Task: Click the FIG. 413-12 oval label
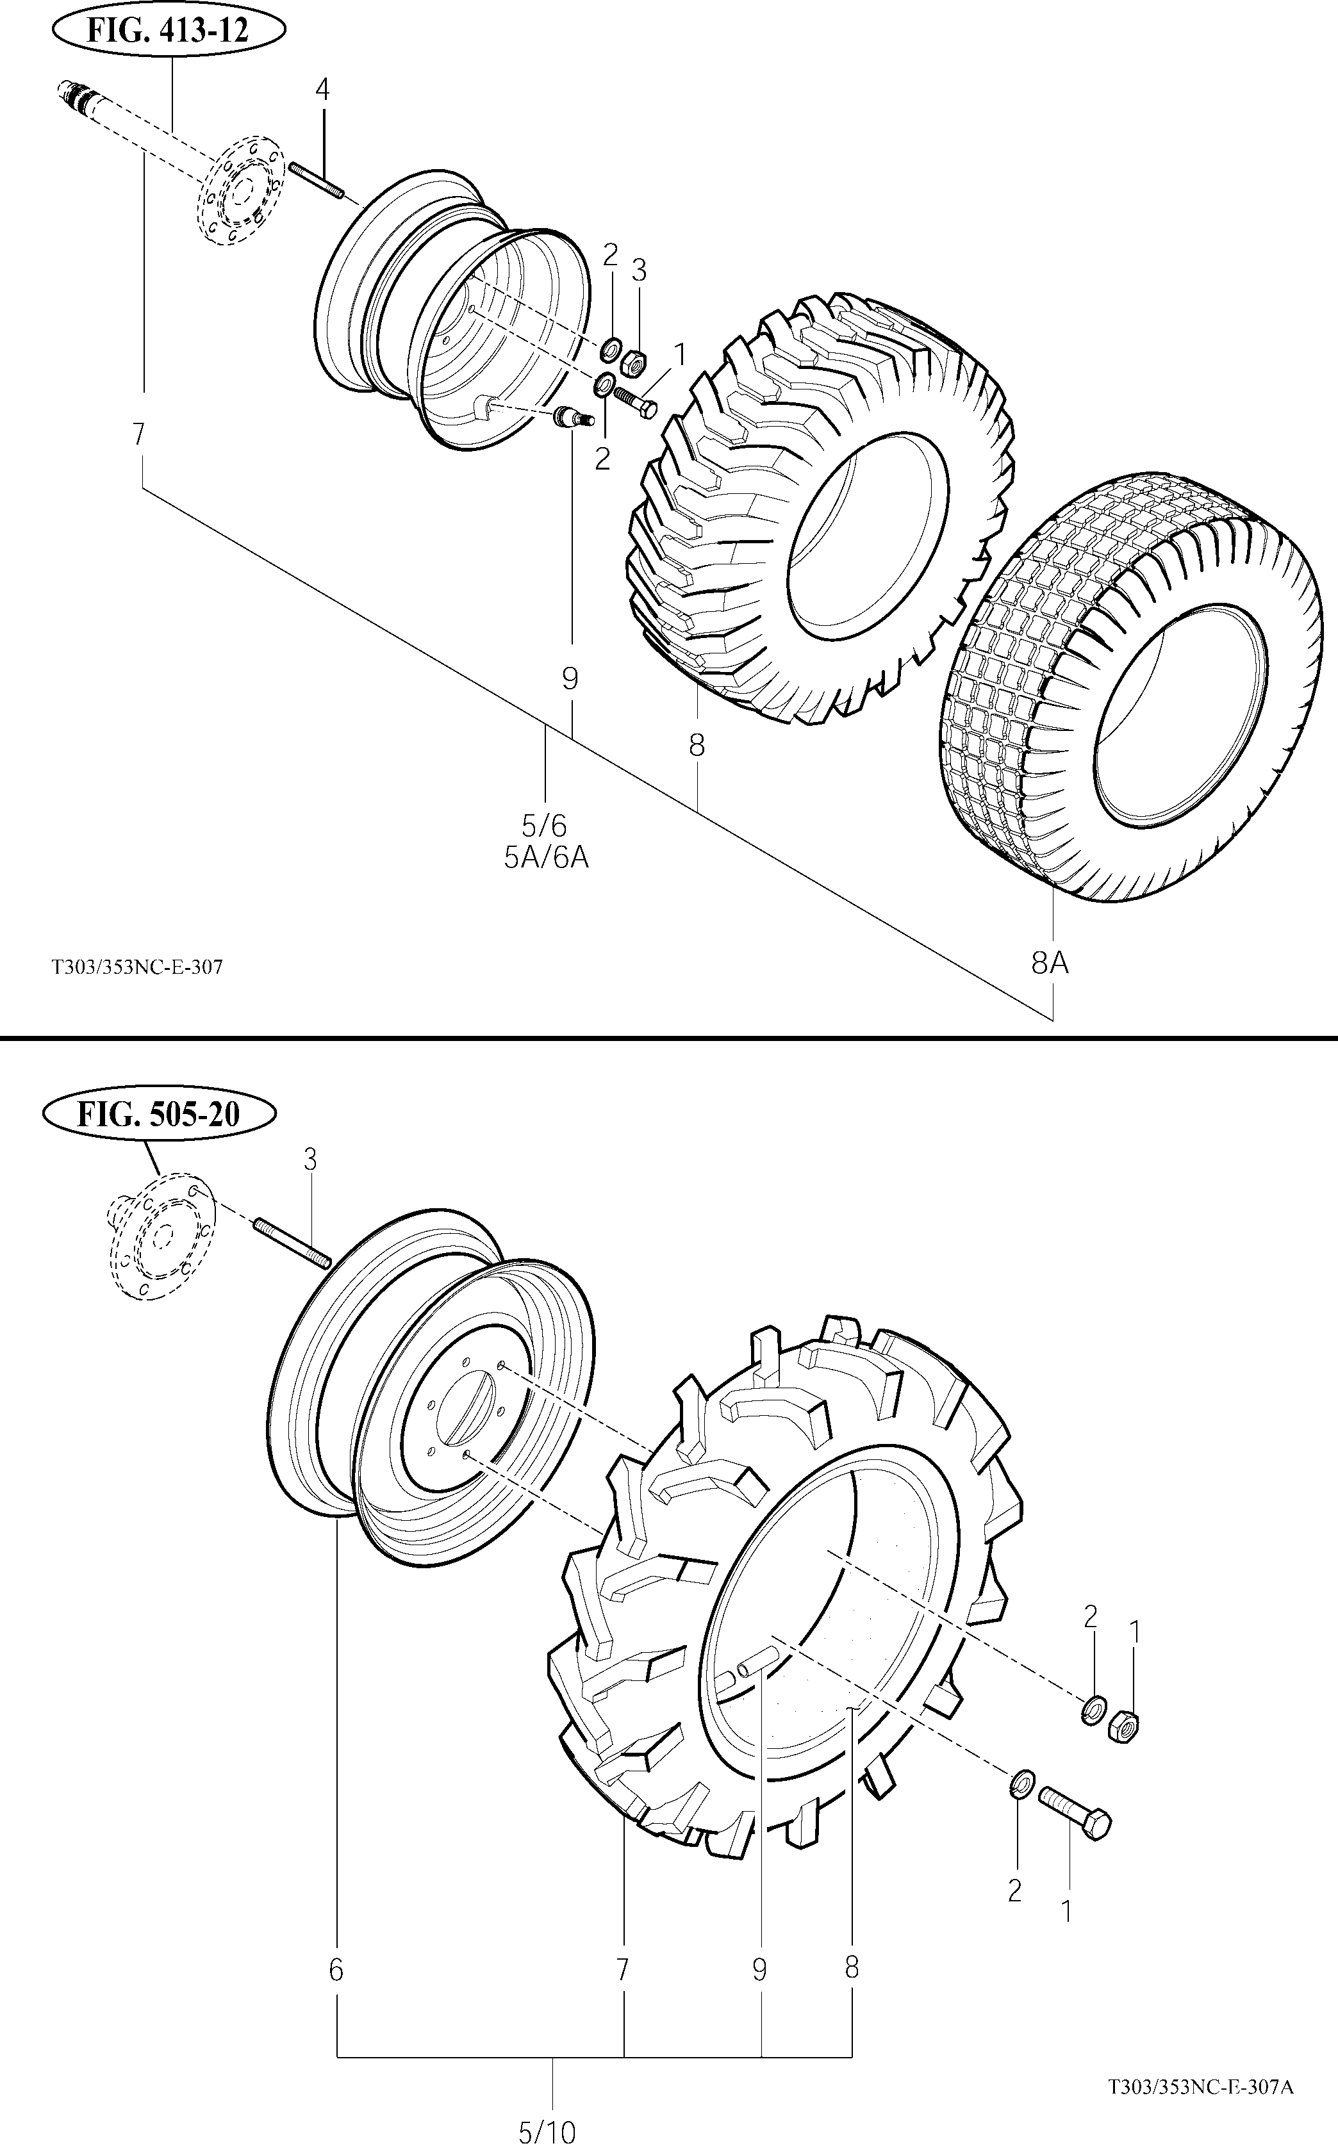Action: pyautogui.click(x=168, y=31)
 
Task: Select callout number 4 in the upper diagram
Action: pyautogui.click(x=322, y=89)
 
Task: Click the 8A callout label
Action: pyautogui.click(x=1050, y=962)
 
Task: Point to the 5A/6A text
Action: pyautogui.click(x=546, y=857)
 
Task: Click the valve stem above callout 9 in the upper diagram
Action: pyautogui.click(x=574, y=416)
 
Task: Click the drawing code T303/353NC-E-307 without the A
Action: pyautogui.click(x=137, y=967)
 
